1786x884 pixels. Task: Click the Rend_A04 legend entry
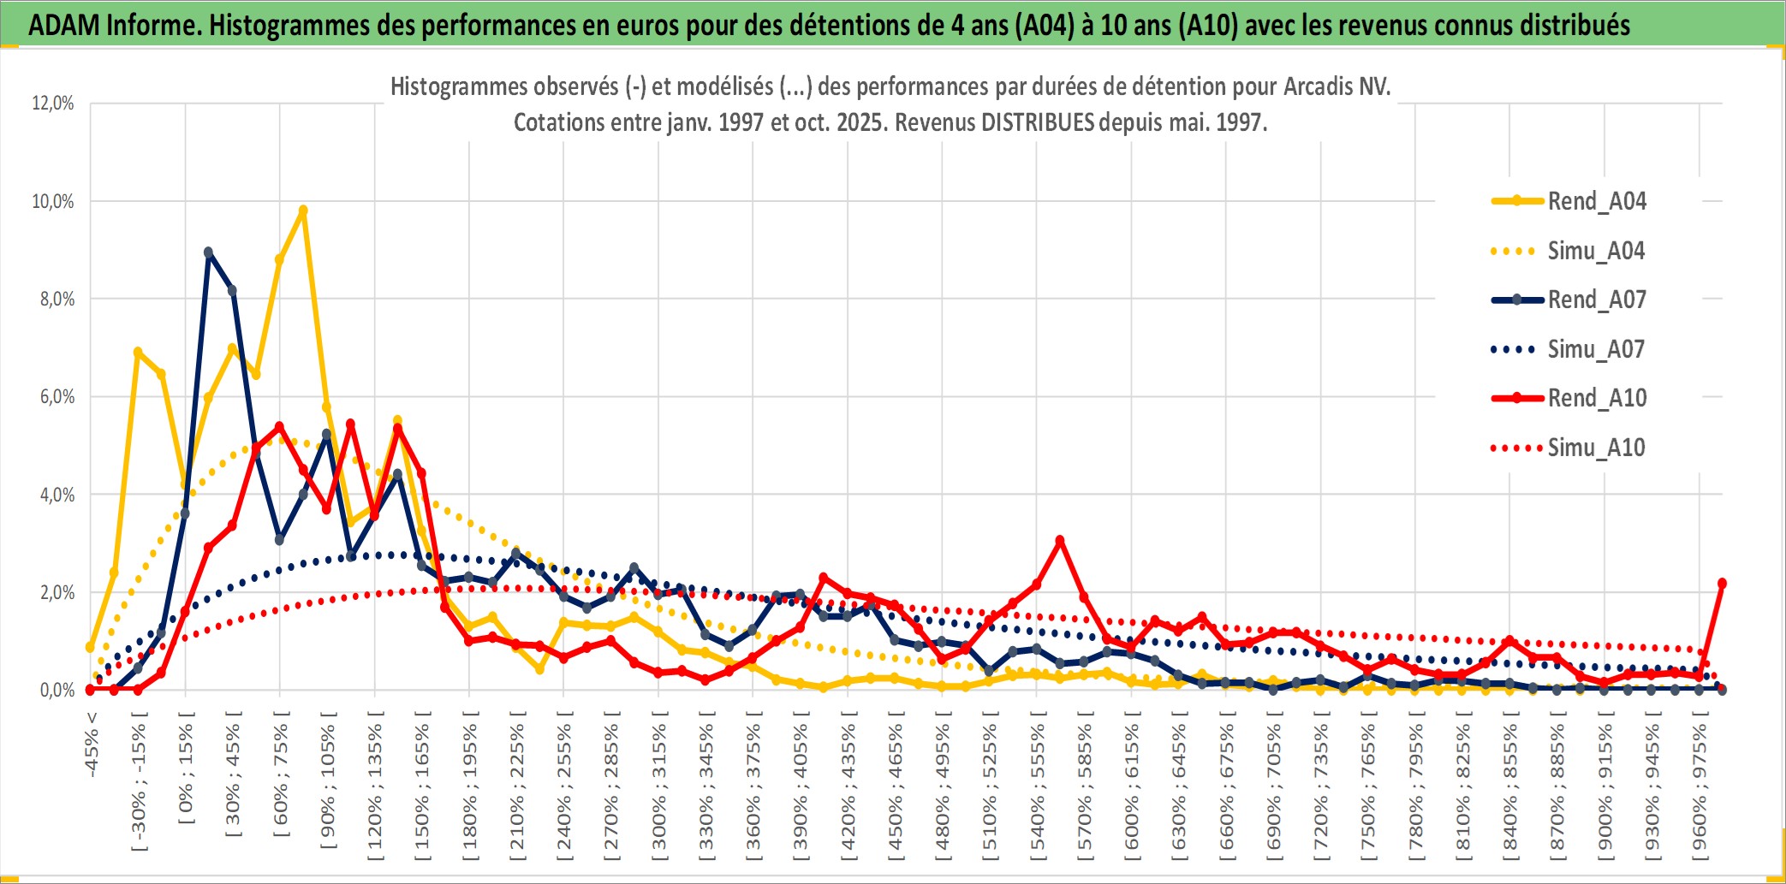point(1596,201)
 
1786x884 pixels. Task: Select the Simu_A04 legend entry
point(1596,251)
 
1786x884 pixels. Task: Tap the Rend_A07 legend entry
point(1596,300)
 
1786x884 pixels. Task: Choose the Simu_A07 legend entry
point(1596,349)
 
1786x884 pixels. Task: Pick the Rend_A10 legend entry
point(1596,398)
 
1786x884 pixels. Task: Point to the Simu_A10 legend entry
point(1596,448)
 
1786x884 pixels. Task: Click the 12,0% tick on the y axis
point(53,104)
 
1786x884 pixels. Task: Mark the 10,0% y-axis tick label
point(53,202)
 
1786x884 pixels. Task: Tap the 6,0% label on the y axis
point(57,397)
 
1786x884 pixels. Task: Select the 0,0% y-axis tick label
point(57,691)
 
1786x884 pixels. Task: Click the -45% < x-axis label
point(92,745)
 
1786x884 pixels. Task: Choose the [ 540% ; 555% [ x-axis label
point(1037,787)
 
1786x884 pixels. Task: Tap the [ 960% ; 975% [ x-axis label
point(1700,787)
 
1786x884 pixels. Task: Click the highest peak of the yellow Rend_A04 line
point(303,210)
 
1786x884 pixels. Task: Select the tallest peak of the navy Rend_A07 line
point(208,252)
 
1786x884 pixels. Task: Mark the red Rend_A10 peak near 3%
point(1060,540)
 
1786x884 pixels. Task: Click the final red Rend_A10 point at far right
point(1722,583)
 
